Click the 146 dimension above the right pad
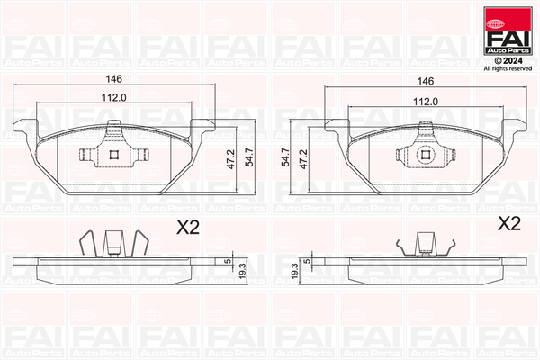pos(425,80)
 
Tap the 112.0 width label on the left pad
pos(112,100)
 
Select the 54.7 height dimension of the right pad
pos(287,158)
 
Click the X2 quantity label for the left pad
pos(186,229)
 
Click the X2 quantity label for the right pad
pos(509,223)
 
